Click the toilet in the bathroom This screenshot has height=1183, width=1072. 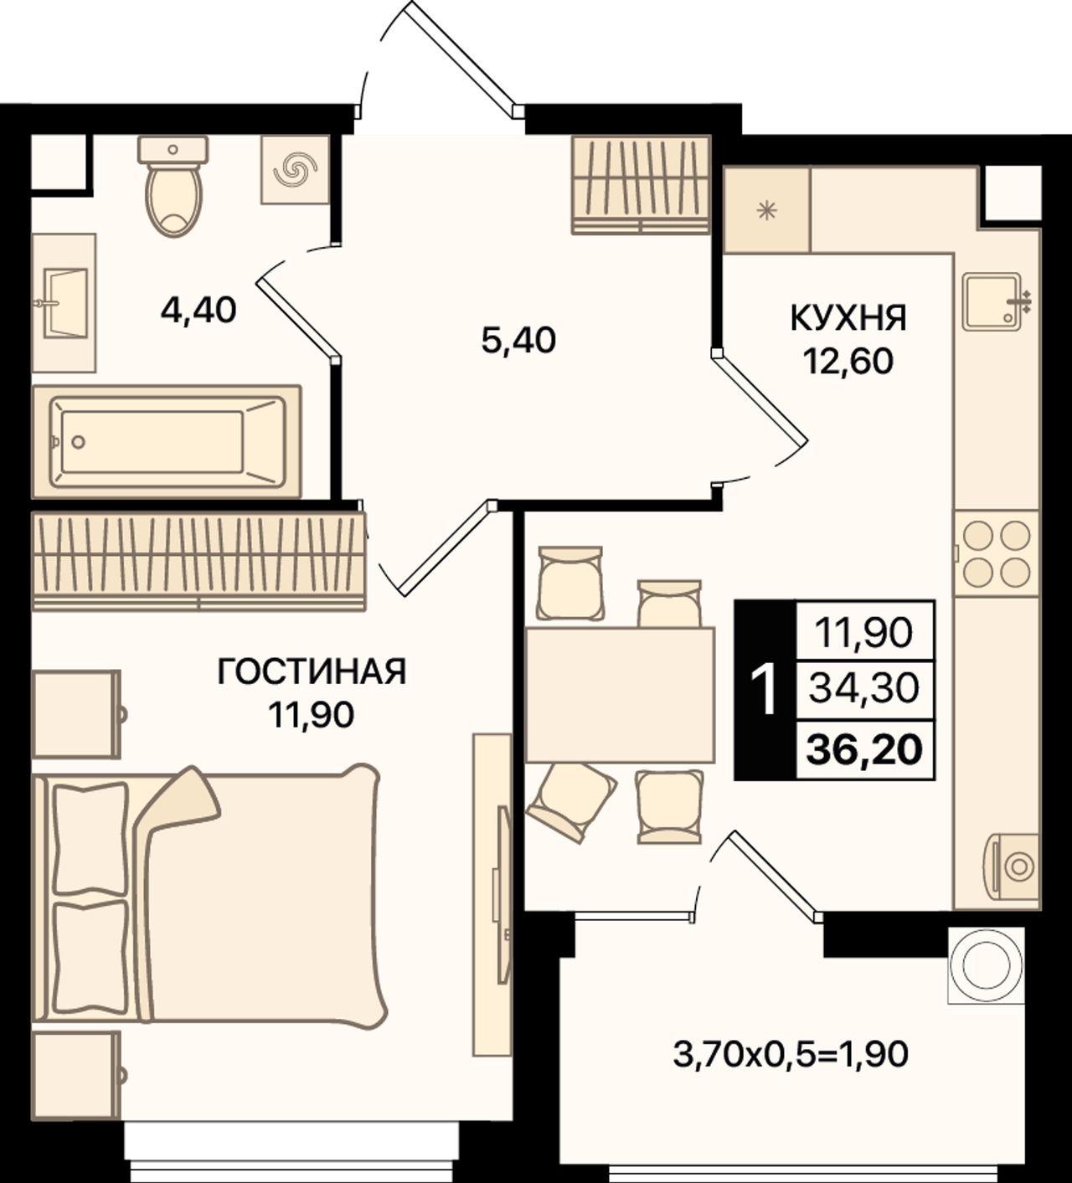click(173, 186)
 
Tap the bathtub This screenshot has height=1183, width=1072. click(167, 442)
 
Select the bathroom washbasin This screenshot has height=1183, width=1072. click(64, 302)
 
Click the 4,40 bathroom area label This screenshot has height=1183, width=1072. click(198, 311)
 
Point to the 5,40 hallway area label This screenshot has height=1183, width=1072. click(518, 340)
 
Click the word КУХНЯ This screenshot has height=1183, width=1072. click(848, 319)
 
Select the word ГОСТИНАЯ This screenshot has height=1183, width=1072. click(312, 671)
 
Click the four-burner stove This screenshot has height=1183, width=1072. click(996, 553)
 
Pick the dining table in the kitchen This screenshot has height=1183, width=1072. click(620, 695)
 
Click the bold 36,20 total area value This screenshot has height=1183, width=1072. click(864, 750)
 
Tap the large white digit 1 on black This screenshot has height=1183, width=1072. click(765, 689)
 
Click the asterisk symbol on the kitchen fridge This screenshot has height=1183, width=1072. click(767, 210)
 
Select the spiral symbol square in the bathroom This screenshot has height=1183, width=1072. click(295, 169)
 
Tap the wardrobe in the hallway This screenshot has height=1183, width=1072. click(642, 184)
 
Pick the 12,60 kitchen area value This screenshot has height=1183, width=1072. click(848, 362)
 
